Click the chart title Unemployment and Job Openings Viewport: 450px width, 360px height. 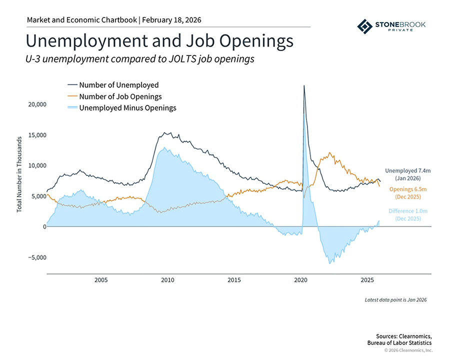click(x=159, y=40)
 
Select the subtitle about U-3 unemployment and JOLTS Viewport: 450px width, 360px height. click(x=140, y=59)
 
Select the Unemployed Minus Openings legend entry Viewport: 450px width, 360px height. click(x=127, y=107)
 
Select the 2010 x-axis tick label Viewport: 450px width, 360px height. click(x=167, y=280)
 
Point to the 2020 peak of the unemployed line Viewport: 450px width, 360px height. click(x=304, y=86)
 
